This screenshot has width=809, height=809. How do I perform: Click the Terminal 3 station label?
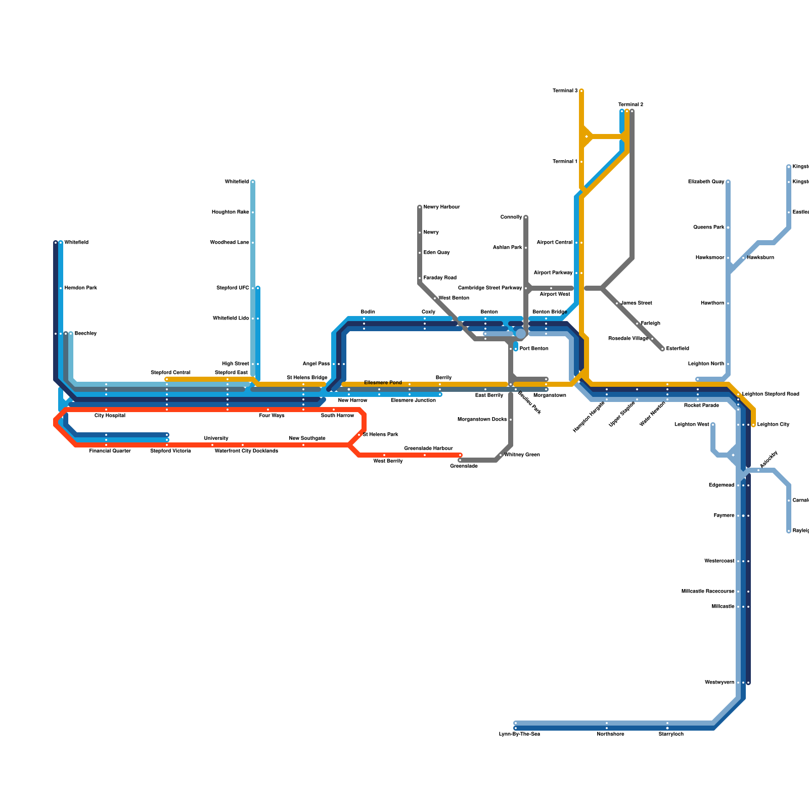point(565,91)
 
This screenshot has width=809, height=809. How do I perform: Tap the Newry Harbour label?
point(441,207)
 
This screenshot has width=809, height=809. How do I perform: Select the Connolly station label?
point(511,217)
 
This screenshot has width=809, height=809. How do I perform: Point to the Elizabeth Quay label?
point(706,182)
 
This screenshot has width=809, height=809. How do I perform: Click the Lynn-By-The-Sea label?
point(519,734)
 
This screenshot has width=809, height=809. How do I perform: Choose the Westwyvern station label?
point(719,683)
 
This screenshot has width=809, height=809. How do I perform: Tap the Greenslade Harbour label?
point(428,448)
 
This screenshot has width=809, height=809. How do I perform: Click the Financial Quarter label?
point(110,451)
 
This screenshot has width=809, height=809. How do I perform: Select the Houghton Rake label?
point(230,212)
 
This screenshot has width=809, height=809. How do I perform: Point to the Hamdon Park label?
point(80,288)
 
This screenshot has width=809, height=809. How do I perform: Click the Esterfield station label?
point(677,349)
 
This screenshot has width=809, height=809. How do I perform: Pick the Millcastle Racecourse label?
point(707,592)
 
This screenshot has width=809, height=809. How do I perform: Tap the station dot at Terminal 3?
point(581,91)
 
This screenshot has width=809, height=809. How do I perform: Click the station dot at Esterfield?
point(662,349)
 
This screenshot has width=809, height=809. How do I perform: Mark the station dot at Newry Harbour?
point(420,207)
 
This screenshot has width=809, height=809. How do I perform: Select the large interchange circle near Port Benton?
point(520,334)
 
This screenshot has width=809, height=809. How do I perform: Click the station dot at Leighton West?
point(713,425)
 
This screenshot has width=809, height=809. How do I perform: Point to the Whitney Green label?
point(522,455)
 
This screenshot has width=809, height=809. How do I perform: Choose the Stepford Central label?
point(170,373)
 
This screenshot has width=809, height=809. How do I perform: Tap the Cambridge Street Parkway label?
point(489,288)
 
